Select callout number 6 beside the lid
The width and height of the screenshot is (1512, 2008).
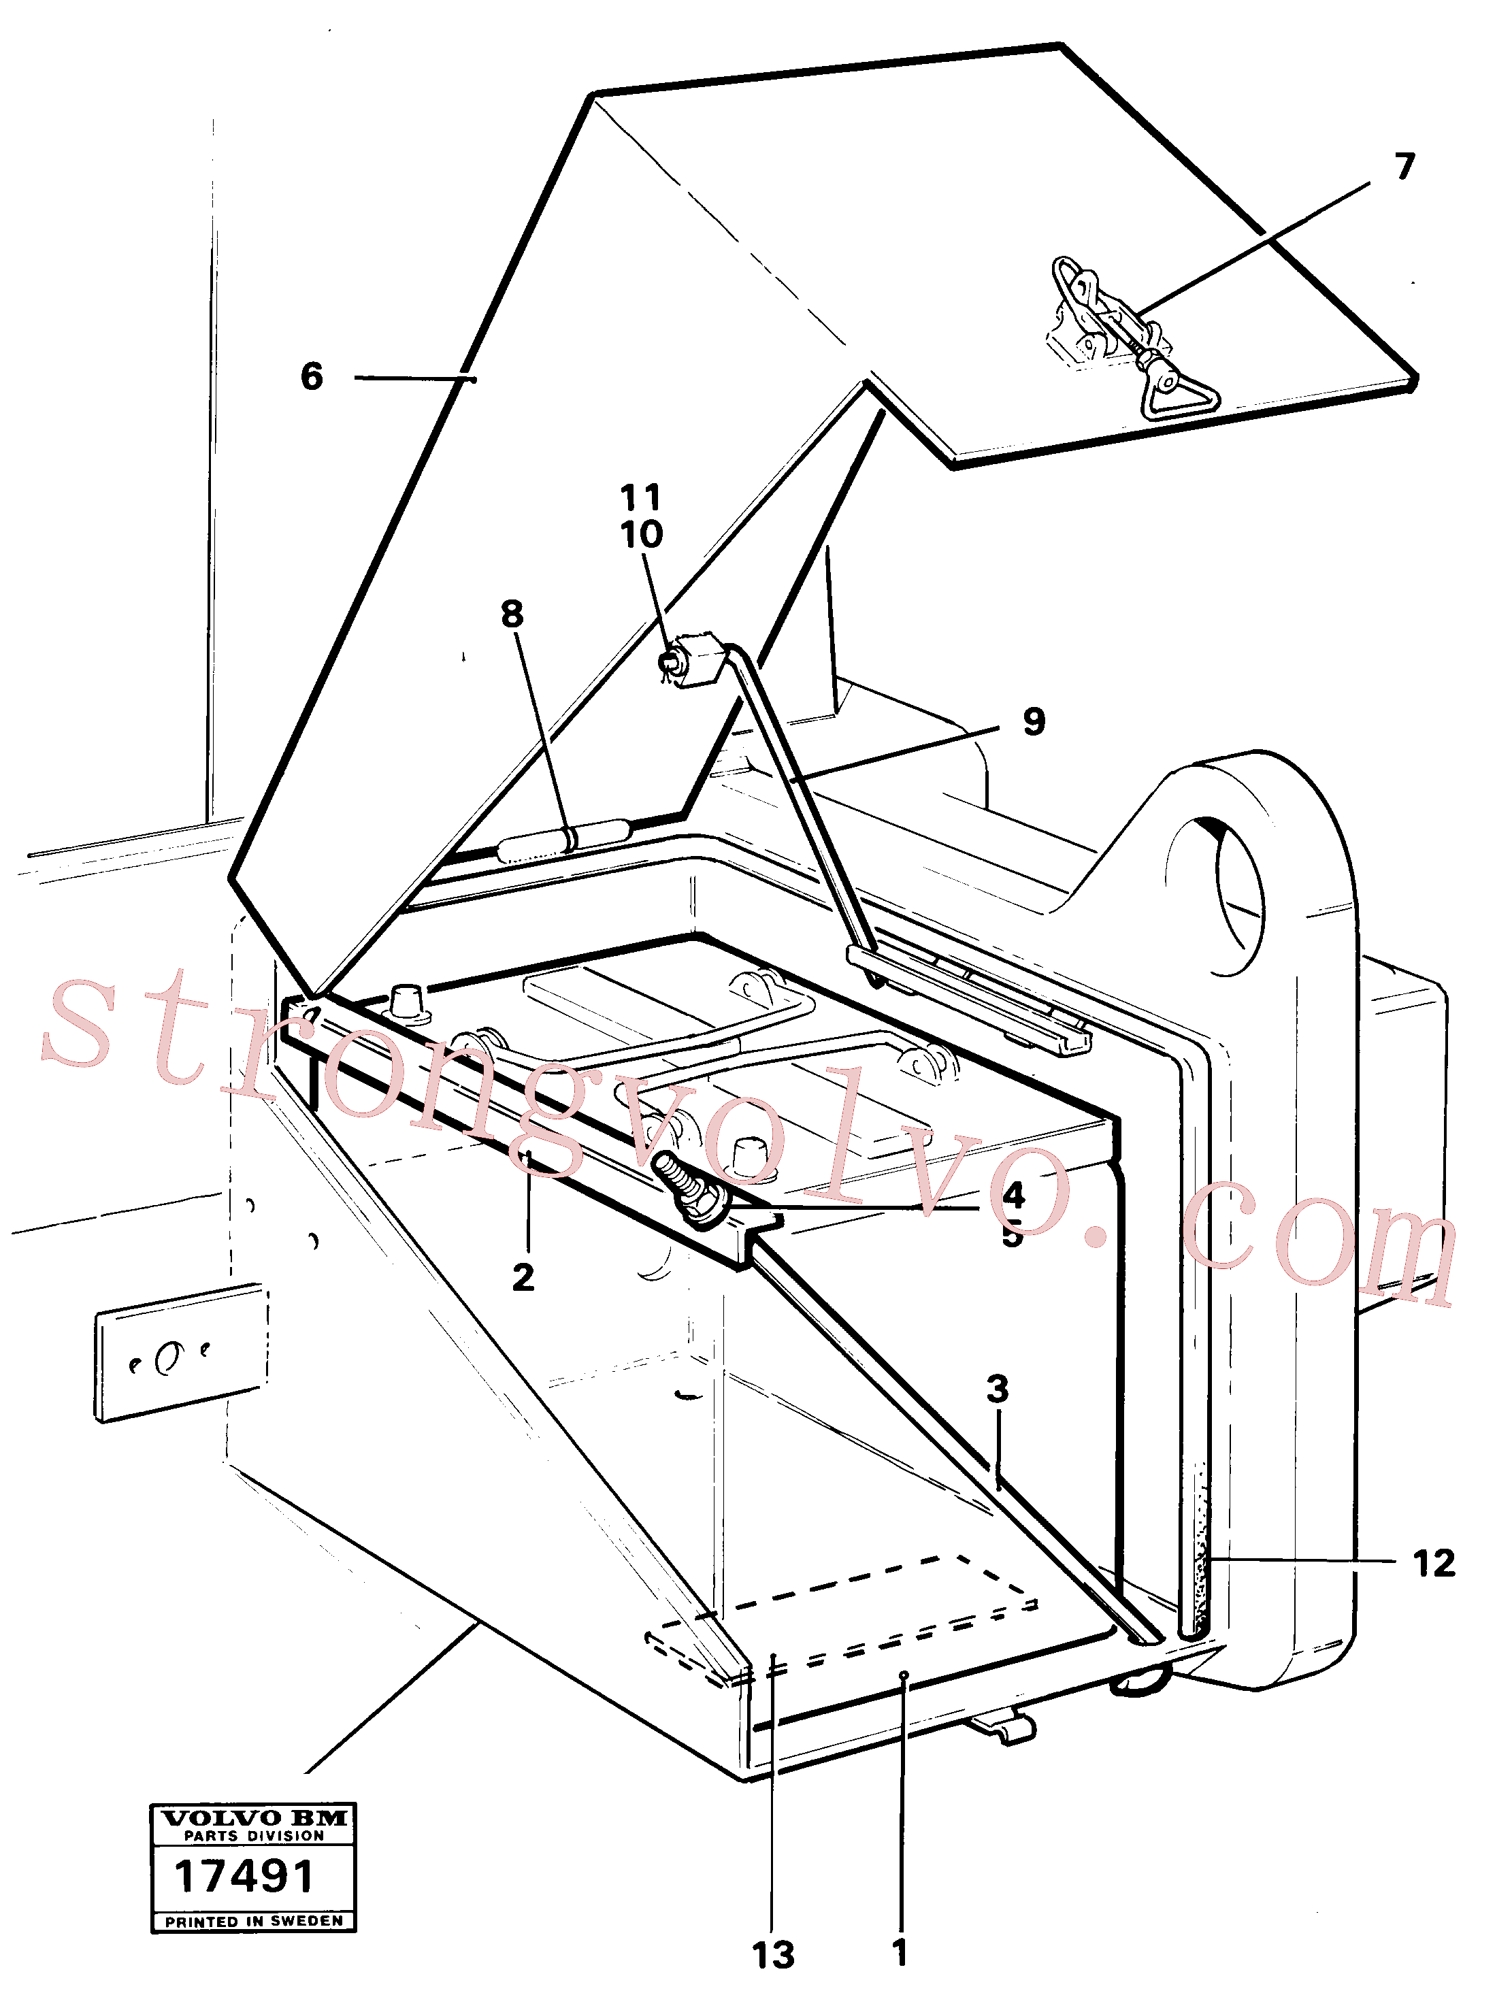(311, 376)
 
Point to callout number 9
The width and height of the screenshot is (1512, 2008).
(1034, 722)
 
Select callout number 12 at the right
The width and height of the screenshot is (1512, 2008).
(1434, 1563)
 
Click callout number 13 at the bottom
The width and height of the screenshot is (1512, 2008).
(773, 1956)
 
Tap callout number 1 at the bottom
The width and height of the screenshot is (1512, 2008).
(900, 1953)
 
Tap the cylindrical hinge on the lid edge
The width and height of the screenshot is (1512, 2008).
(563, 839)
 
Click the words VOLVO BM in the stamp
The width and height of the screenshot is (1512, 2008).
(254, 1817)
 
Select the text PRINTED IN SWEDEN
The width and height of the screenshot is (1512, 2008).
(254, 1921)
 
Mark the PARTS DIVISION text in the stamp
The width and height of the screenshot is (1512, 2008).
(254, 1836)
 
